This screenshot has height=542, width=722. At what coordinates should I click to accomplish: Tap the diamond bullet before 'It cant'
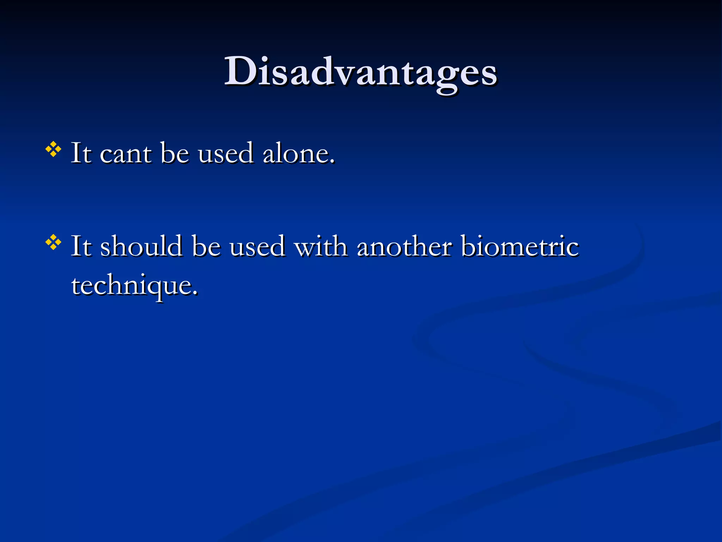click(x=53, y=150)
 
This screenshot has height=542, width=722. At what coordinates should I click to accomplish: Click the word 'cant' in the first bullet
click(x=126, y=154)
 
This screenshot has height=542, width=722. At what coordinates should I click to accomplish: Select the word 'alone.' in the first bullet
click(x=298, y=154)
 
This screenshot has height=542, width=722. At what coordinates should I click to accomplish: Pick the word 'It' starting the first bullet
click(x=81, y=154)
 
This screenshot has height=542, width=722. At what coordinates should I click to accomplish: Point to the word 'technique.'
click(x=134, y=286)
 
